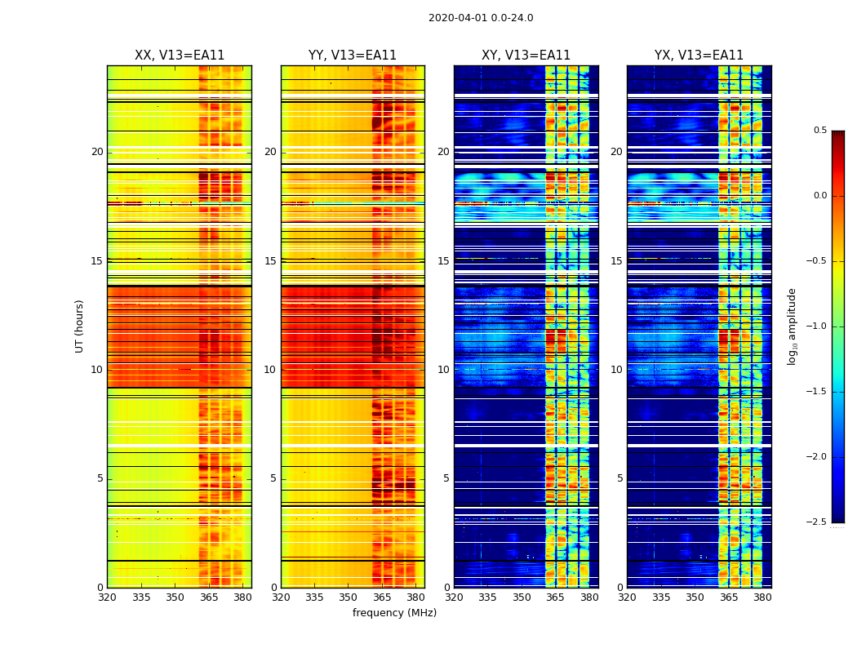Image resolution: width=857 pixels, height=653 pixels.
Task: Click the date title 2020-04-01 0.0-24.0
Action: coord(481,18)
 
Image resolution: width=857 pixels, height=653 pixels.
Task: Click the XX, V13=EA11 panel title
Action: coord(180,56)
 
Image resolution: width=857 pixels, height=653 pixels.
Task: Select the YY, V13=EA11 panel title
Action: coord(353,56)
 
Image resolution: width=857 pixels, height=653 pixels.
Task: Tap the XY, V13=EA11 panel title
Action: coord(526,56)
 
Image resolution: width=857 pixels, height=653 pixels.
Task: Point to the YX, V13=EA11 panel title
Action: coord(699,56)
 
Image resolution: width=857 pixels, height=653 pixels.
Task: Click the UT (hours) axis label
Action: coord(80,326)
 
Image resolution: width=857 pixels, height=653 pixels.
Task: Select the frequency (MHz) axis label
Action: coord(394,613)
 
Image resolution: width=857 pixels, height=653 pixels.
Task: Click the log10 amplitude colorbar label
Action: coord(792,326)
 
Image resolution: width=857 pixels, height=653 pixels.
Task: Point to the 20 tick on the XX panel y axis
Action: coord(97,152)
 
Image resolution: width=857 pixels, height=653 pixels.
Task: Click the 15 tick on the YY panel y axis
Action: coord(270,261)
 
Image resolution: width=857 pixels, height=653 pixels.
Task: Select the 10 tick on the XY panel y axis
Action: coord(443,370)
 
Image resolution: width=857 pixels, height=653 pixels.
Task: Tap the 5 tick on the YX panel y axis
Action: coord(619,478)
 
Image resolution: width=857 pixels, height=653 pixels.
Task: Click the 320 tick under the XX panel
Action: coord(107,597)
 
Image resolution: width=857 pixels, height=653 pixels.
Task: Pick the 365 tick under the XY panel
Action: coord(555,597)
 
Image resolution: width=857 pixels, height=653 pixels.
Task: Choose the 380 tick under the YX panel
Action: coord(762,597)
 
